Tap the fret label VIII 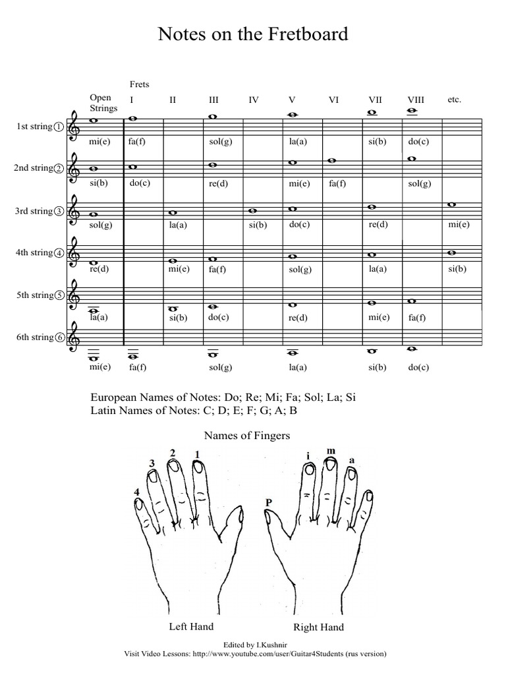pos(416,100)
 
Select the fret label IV pos(254,100)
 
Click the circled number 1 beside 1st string pos(59,127)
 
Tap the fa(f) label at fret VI pos(337,183)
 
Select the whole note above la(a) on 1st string pos(293,114)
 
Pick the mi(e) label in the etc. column pos(459,225)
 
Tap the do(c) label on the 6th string pos(418,368)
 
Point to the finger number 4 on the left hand pos(137,492)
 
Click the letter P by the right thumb pos(269,503)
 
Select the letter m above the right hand pos(331,451)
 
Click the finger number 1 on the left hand pos(196,454)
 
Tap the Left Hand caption pos(191,626)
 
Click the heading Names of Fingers pos(247,435)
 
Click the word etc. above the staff pos(454,100)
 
